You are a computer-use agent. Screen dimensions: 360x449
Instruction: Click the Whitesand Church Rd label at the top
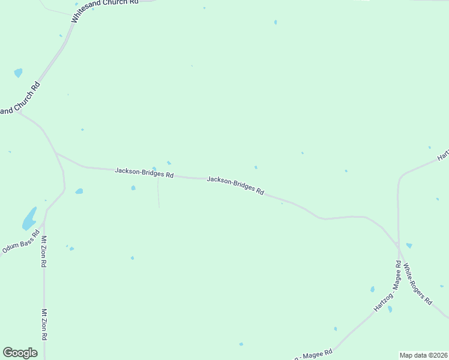click(104, 10)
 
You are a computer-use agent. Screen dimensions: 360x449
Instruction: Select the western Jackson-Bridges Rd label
click(144, 172)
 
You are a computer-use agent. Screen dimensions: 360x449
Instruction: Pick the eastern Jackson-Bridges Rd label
click(235, 185)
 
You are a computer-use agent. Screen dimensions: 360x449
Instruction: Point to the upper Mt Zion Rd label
click(44, 251)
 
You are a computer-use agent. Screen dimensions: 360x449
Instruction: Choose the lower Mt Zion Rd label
click(44, 325)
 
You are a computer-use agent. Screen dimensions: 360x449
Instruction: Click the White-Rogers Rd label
click(417, 283)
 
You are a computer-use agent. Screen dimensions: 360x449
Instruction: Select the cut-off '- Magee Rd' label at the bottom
click(313, 355)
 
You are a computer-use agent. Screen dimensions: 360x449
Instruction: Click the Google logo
click(20, 353)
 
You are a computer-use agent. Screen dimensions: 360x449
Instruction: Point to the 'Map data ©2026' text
click(423, 355)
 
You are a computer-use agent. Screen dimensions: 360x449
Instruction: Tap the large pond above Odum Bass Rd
click(29, 219)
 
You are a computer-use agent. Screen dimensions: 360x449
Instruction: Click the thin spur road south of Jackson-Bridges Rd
click(158, 193)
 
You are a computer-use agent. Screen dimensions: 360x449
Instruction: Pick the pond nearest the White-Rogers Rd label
click(409, 245)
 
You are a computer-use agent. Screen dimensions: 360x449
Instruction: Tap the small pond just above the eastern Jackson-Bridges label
click(256, 167)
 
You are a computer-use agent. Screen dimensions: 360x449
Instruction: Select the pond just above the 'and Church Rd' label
click(18, 73)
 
